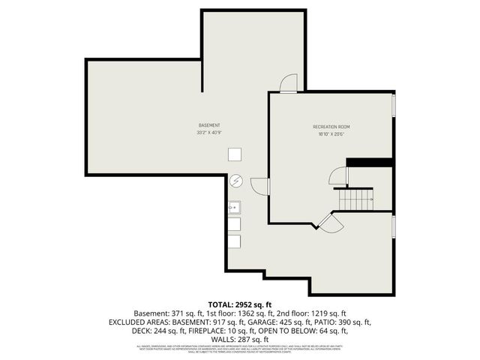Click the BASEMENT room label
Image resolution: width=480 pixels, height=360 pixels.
coord(209,124)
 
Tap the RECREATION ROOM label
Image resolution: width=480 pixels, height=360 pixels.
coord(331,127)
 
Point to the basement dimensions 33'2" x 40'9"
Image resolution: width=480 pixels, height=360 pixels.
coord(209,133)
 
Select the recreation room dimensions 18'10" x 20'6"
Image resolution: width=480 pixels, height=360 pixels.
coord(331,135)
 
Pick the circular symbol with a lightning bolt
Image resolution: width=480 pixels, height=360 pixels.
coord(235,181)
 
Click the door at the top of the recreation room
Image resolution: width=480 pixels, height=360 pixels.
coord(289,83)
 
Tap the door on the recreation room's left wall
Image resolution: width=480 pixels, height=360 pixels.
coord(259,185)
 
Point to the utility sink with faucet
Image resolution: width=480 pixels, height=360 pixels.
coord(234,205)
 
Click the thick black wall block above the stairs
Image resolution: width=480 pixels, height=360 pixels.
coord(370,162)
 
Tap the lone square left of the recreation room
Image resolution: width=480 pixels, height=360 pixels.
coord(235,153)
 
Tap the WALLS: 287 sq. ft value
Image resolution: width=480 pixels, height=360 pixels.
coord(239,340)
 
